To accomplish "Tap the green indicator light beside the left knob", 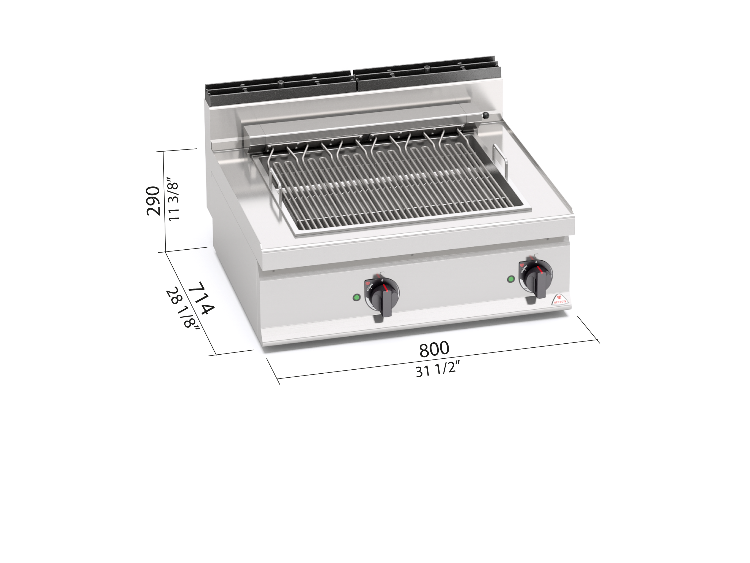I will click(356, 297).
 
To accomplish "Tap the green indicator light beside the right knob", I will click(510, 279).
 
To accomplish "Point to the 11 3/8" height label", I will click(173, 201).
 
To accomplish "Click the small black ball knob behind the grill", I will click(486, 115).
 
